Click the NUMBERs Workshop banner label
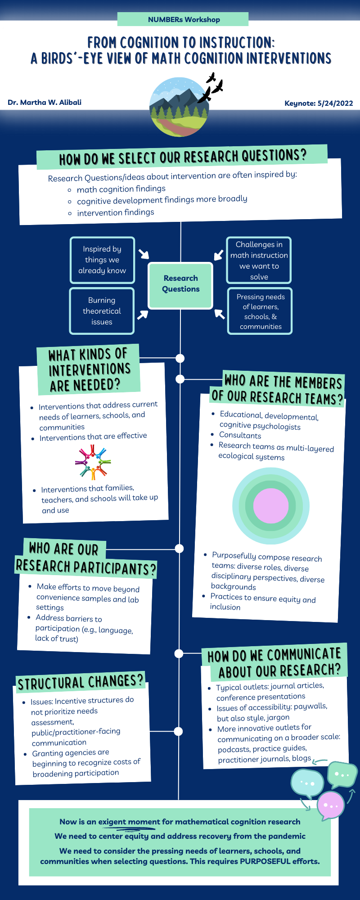[x=184, y=19]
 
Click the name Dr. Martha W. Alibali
[x=45, y=103]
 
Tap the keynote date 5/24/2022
[x=335, y=103]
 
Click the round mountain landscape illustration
[x=179, y=107]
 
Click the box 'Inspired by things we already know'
[x=102, y=260]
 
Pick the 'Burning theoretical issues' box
[x=102, y=311]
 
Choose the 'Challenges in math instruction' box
[x=259, y=260]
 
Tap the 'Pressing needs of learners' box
[x=260, y=311]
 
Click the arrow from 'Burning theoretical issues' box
[x=143, y=314]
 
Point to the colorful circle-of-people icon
[x=93, y=462]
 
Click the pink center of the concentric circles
[x=270, y=506]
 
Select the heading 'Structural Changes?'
[x=81, y=683]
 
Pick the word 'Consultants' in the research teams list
[x=240, y=435]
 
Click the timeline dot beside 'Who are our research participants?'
[x=179, y=548]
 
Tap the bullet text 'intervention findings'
[x=115, y=212]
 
